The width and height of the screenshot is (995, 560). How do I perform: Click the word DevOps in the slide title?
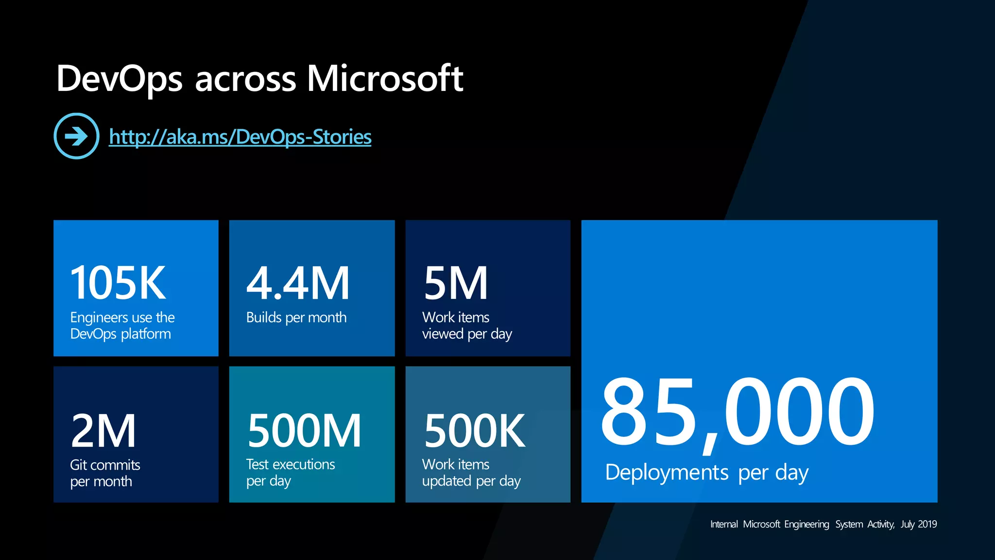(x=120, y=79)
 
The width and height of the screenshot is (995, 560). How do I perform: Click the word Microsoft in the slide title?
(x=385, y=79)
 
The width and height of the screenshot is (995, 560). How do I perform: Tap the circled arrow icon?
(x=76, y=136)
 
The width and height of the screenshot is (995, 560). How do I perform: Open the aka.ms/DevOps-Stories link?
(x=240, y=137)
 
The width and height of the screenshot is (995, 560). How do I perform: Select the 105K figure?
(x=118, y=283)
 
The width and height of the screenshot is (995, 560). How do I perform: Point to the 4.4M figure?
(x=298, y=283)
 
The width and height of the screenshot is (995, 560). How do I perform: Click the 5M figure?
(x=455, y=283)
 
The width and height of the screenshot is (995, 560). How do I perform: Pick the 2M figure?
(x=103, y=431)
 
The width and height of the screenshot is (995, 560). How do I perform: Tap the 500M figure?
(x=304, y=431)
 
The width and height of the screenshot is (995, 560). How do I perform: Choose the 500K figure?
(x=475, y=431)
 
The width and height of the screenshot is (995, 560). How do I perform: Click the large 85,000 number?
(x=737, y=413)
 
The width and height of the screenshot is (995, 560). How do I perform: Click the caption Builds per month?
(x=296, y=317)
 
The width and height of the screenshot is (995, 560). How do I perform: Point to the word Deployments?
(x=667, y=472)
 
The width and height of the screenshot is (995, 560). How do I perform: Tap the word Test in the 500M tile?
(x=257, y=464)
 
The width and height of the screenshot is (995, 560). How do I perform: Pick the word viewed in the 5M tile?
(x=443, y=334)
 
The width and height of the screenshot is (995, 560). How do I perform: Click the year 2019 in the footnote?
(x=927, y=524)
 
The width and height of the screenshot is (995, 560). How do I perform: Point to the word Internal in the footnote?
(x=723, y=524)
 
